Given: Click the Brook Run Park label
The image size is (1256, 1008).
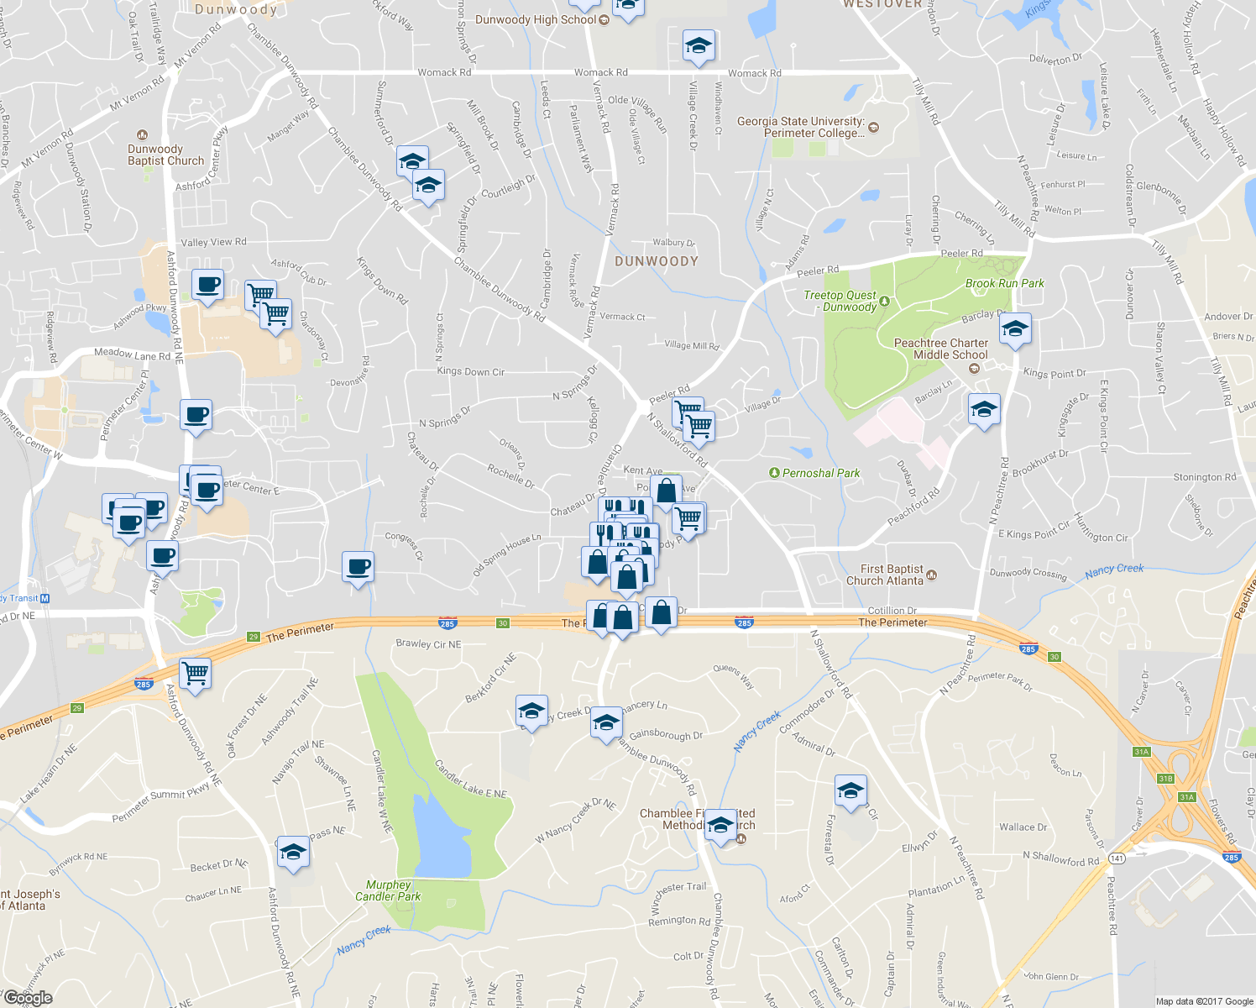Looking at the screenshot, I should tap(1004, 284).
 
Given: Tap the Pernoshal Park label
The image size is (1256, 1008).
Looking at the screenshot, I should tap(820, 473).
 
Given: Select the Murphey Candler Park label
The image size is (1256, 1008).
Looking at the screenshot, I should tap(387, 890).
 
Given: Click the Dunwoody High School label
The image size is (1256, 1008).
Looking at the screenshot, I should tap(536, 19).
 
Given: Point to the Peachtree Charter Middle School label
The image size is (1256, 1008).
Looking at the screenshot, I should tap(940, 349).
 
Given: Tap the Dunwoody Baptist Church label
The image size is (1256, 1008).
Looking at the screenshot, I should tap(165, 155).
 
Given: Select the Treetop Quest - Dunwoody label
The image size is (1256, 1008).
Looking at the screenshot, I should tap(840, 301).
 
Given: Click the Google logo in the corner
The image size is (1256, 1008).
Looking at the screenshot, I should tap(28, 998).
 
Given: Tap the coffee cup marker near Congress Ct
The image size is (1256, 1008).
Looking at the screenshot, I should tap(358, 567).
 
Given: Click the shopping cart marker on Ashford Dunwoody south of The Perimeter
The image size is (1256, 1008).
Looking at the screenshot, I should tap(195, 672).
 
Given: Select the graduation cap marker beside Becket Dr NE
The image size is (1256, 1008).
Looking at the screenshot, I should tap(293, 852).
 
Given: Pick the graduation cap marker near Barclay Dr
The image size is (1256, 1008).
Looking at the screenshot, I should tap(1015, 329).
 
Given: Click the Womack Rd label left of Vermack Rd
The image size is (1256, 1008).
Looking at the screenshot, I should tap(444, 72).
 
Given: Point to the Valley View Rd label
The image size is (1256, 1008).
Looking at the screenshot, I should tap(213, 242).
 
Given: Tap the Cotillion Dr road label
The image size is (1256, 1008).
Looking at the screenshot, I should tap(892, 611).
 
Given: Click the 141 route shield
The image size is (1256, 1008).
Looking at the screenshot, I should tap(1117, 858).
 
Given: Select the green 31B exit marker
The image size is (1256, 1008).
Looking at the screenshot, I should tap(1165, 779).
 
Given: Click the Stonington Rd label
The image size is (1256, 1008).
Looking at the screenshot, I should tap(1204, 477).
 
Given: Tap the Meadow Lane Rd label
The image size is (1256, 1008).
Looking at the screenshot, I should tap(133, 354).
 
